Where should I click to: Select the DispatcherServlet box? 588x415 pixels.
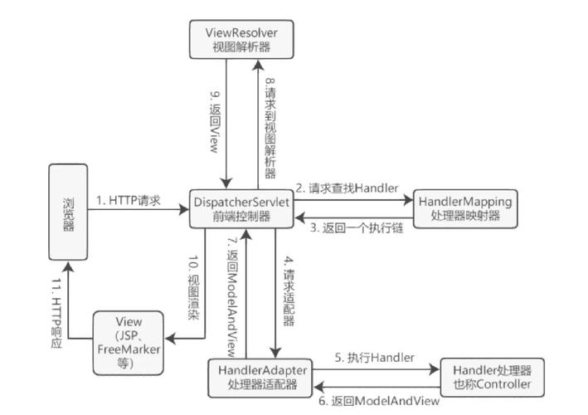[x=241, y=208]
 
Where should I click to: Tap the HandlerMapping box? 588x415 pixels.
[x=464, y=208]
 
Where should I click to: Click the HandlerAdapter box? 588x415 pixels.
[x=264, y=376]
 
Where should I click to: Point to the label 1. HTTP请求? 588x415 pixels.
[x=128, y=200]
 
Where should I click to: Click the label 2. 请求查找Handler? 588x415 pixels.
[x=352, y=188]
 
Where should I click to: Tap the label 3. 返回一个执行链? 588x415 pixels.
[x=357, y=227]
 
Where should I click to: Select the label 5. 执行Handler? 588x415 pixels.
[x=374, y=357]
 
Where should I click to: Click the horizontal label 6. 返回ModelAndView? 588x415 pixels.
[x=378, y=402]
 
